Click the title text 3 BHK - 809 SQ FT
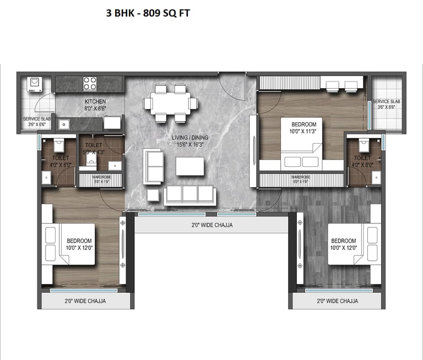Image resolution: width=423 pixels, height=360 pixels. [x=148, y=13]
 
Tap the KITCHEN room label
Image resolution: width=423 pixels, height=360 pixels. [x=95, y=102]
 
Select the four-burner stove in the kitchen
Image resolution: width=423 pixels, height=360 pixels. [x=90, y=83]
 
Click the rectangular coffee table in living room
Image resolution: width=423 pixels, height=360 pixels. [x=189, y=166]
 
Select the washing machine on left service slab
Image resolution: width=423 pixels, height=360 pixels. [x=34, y=83]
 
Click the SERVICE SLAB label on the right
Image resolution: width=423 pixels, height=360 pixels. [x=386, y=102]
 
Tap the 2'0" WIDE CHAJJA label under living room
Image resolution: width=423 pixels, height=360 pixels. [x=211, y=225]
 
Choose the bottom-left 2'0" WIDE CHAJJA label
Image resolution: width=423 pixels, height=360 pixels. [x=85, y=301]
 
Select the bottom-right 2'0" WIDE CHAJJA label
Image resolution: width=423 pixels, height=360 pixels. [x=337, y=301]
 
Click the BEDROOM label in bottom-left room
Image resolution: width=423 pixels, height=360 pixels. [x=79, y=241]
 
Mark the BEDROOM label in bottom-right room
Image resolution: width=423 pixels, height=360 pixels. [x=343, y=241]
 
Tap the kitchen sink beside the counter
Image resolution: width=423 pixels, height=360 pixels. [x=64, y=124]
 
